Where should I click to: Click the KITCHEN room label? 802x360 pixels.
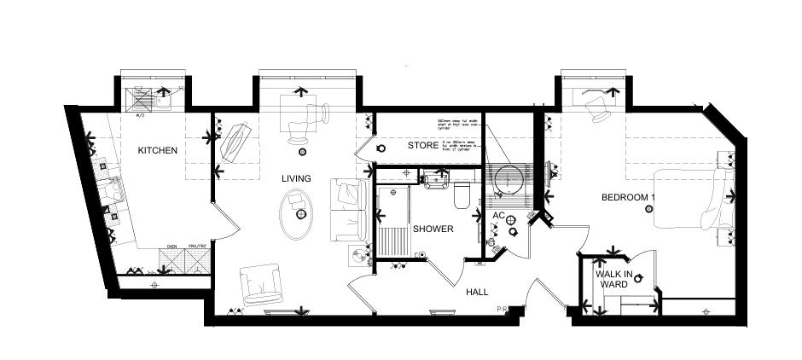(158, 151)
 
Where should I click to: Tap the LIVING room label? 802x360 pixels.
(297, 178)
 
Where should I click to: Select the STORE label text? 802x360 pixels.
(422, 146)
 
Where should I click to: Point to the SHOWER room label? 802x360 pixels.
(433, 229)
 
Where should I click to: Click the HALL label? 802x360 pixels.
(477, 292)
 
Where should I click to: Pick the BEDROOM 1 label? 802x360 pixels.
(627, 198)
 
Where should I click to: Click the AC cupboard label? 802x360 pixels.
(499, 215)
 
